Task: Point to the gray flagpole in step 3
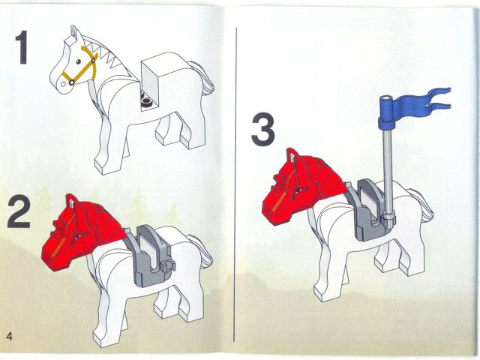point(387,165)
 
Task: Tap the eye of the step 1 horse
point(77,60)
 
